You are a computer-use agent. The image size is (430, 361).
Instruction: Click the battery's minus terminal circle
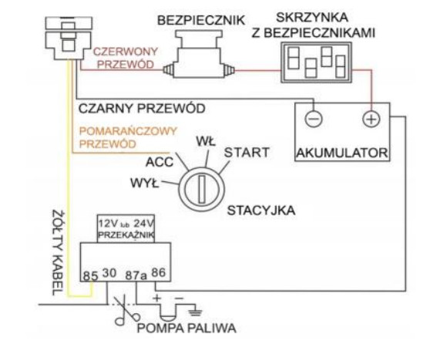click(314, 119)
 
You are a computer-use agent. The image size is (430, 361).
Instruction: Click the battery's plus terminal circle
click(371, 119)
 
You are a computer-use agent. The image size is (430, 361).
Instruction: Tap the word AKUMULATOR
click(342, 153)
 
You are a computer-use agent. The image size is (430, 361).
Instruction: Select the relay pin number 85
click(90, 275)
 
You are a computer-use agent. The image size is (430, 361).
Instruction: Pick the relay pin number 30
click(109, 273)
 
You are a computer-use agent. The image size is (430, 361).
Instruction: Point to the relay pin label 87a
click(136, 275)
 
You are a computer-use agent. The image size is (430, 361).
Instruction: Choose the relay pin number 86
click(159, 272)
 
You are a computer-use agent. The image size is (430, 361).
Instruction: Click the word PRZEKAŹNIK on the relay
click(126, 235)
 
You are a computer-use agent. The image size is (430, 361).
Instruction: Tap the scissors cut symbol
click(127, 310)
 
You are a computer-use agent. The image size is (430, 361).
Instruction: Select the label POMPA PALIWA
click(186, 328)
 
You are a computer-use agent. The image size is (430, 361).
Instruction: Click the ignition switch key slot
click(202, 189)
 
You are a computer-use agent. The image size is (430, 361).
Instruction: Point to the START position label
click(247, 153)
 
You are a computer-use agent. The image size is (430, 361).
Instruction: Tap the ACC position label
click(160, 162)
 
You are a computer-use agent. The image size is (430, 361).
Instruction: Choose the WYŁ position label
click(145, 183)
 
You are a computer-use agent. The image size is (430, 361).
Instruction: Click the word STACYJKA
click(261, 211)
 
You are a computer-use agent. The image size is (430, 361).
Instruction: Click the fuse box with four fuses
click(316, 62)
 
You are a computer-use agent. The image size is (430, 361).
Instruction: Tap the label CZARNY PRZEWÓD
click(142, 109)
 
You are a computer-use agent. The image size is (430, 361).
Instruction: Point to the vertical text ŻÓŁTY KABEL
click(58, 253)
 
